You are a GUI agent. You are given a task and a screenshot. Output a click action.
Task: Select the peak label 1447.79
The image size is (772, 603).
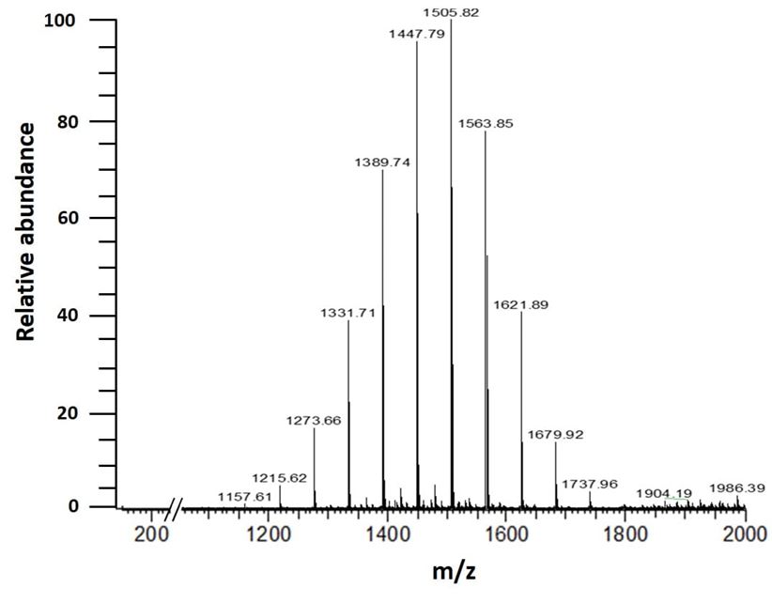[417, 34]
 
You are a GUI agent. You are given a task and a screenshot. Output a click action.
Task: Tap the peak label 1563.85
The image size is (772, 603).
[486, 124]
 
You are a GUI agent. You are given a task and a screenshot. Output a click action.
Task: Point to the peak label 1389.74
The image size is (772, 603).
[382, 162]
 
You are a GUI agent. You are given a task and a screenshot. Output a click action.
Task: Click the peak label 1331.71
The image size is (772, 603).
[347, 313]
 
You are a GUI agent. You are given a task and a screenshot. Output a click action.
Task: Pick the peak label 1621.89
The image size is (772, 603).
[521, 305]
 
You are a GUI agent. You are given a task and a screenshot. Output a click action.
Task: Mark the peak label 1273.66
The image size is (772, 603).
[314, 421]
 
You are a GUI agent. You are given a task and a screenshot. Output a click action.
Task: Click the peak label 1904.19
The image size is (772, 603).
[664, 493]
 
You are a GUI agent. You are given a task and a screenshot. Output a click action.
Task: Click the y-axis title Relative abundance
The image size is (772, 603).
[25, 231]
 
